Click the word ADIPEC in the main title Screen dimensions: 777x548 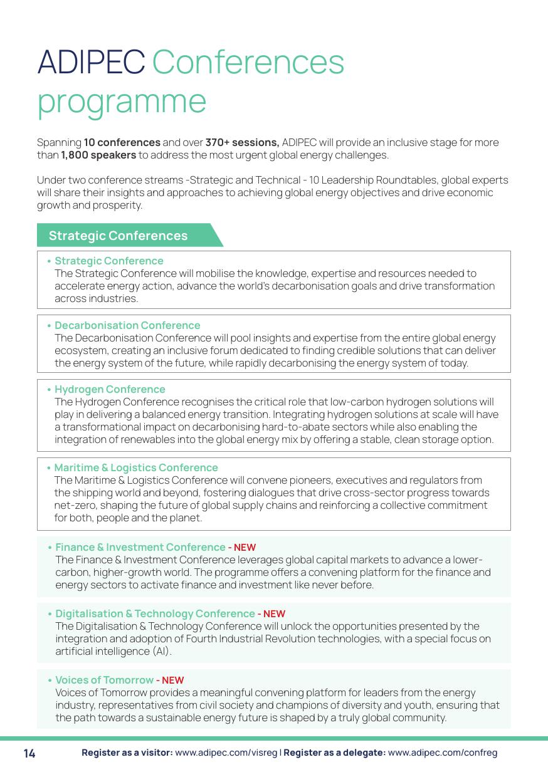click(x=91, y=62)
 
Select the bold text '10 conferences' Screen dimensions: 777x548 click(x=122, y=142)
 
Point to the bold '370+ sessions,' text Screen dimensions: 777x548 click(x=242, y=142)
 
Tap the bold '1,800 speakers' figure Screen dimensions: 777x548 click(x=98, y=155)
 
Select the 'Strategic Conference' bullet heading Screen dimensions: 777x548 click(x=109, y=261)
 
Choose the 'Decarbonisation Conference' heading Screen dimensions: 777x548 click(x=127, y=325)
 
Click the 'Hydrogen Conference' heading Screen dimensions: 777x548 click(x=110, y=389)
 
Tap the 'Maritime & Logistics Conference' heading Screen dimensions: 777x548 click(x=136, y=467)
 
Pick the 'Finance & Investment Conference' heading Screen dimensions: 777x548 click(x=140, y=547)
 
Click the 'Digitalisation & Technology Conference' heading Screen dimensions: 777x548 click(x=155, y=613)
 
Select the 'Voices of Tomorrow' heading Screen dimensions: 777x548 click(x=104, y=680)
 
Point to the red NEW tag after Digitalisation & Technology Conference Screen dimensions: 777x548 click(x=274, y=614)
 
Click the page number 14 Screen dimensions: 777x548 click(x=29, y=753)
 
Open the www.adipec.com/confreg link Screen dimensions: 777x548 click(x=442, y=753)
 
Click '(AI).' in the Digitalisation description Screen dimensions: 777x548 click(x=161, y=651)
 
